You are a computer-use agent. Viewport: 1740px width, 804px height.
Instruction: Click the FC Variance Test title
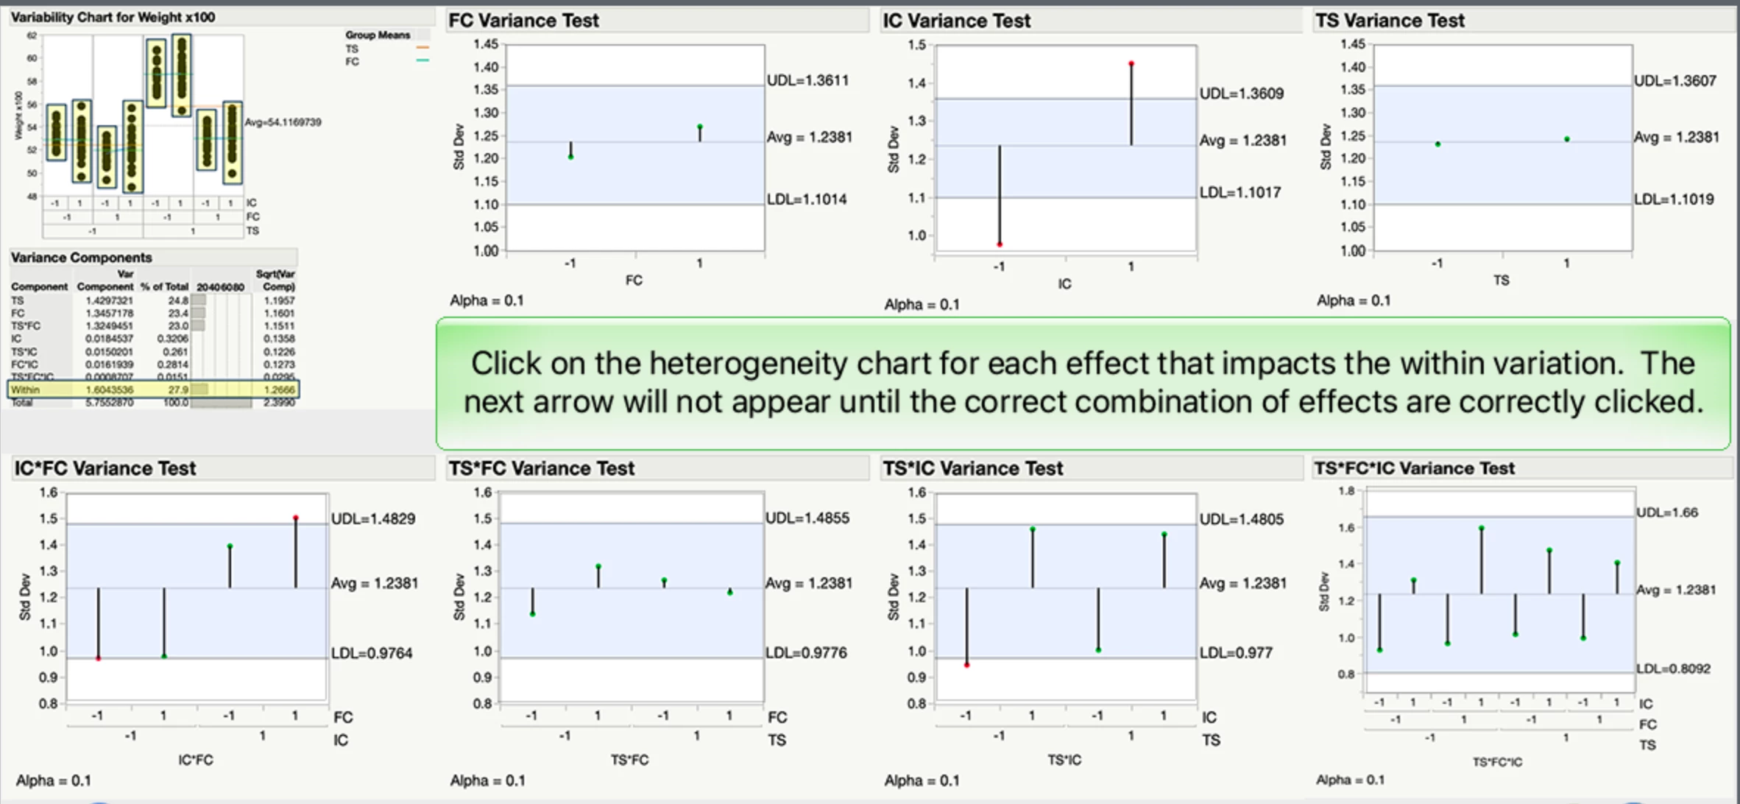pos(523,21)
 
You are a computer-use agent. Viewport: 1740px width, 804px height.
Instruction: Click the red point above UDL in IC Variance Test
pos(1131,64)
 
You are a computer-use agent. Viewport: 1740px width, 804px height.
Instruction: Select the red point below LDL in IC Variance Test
pos(1000,244)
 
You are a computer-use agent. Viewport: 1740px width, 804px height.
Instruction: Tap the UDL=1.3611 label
pos(807,80)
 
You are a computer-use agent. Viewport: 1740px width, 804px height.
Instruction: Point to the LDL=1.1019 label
pos(1674,199)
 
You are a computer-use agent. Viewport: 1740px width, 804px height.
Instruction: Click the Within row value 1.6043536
pos(110,389)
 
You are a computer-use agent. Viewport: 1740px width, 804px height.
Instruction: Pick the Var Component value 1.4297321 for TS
pos(109,300)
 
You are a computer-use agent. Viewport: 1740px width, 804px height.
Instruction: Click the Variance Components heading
pos(81,258)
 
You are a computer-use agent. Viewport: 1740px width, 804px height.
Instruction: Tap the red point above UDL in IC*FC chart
pos(296,518)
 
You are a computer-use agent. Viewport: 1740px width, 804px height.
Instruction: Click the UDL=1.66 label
pos(1667,512)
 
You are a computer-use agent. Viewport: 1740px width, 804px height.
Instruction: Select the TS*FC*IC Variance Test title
pos(1414,468)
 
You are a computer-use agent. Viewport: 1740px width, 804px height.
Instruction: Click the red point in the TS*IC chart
pos(967,665)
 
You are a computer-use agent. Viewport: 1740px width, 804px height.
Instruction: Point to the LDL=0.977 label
pos(1236,652)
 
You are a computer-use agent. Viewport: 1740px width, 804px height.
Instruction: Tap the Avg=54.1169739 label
pos(283,122)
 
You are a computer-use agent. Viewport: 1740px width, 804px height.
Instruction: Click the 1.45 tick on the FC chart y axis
pos(486,44)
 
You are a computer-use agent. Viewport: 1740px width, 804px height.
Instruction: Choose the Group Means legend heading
pos(378,35)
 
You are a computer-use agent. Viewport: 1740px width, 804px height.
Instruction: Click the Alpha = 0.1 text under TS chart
pos(1353,300)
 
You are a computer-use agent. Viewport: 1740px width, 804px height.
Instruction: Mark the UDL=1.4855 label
pos(807,518)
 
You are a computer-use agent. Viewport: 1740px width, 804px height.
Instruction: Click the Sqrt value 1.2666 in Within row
pos(279,389)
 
